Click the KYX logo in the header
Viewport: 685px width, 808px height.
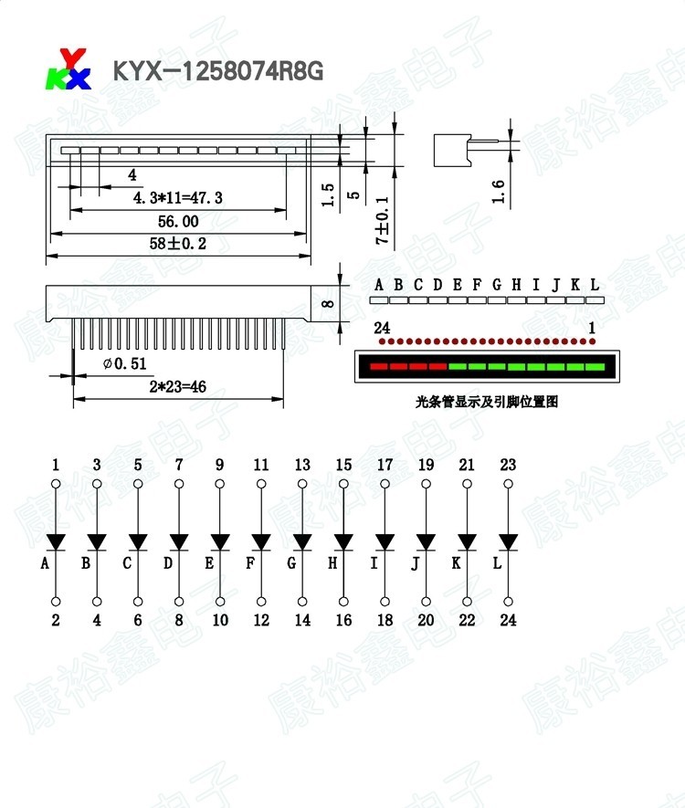(69, 69)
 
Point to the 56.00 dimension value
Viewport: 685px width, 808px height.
(178, 221)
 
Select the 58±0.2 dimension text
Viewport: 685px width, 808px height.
(179, 244)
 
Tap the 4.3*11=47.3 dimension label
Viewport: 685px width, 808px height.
(178, 197)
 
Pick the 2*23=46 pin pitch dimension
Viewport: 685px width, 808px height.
(177, 387)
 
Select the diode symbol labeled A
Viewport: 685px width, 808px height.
(56, 542)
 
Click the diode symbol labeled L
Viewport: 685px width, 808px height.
(508, 542)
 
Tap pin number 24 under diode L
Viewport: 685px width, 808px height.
(508, 620)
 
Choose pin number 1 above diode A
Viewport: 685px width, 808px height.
(56, 465)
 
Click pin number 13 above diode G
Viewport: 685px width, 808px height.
(302, 465)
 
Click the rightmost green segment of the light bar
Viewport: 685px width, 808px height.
(595, 367)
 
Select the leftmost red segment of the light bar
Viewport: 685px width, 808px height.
(374, 367)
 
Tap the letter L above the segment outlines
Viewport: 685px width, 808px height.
(595, 285)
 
